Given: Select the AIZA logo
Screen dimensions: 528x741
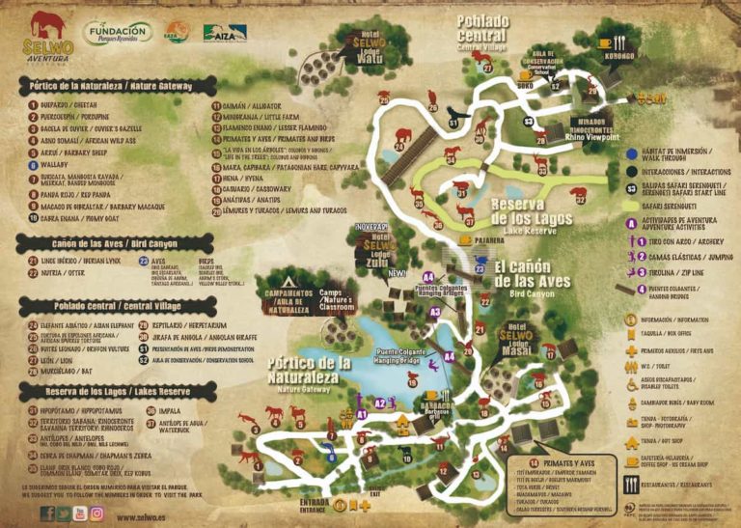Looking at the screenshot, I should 224,33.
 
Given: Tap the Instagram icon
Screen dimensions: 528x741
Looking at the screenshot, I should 96,514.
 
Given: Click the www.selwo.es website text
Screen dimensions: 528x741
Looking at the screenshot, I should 145,516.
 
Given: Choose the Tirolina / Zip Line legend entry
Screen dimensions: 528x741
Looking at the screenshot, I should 670,273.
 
